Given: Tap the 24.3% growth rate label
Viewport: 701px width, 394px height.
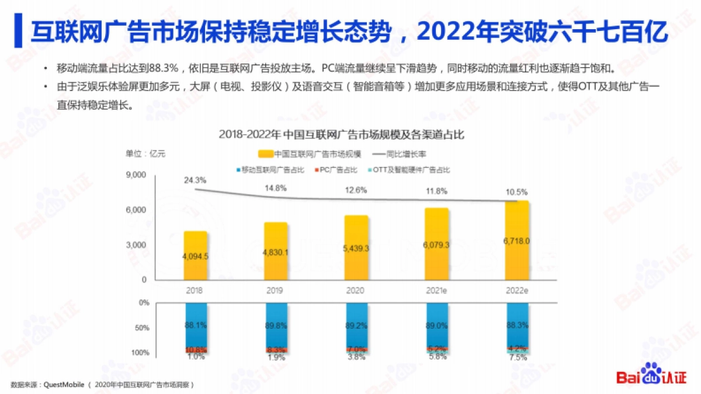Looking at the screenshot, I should point(196,180).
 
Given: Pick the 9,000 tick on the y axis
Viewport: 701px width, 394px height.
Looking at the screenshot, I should point(136,175).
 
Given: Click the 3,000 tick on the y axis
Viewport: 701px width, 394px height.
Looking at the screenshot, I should point(136,245).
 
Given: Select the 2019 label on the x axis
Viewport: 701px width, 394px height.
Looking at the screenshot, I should point(275,290).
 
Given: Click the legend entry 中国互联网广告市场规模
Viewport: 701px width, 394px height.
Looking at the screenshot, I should point(310,154).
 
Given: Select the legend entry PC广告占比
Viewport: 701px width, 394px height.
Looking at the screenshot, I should point(339,170).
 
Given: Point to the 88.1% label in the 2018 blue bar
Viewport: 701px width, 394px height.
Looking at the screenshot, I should point(196,325).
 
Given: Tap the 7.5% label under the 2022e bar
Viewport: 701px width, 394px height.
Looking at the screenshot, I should point(517,358).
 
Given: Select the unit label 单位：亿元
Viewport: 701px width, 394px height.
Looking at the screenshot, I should point(145,154).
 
